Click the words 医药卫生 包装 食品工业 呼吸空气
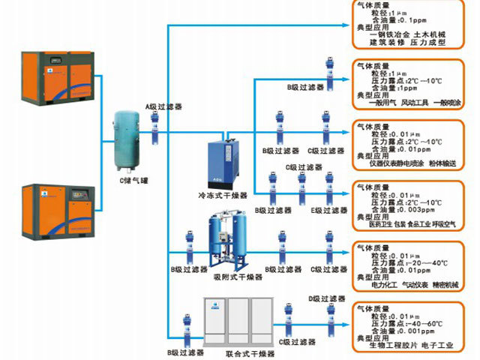click(409, 224)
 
